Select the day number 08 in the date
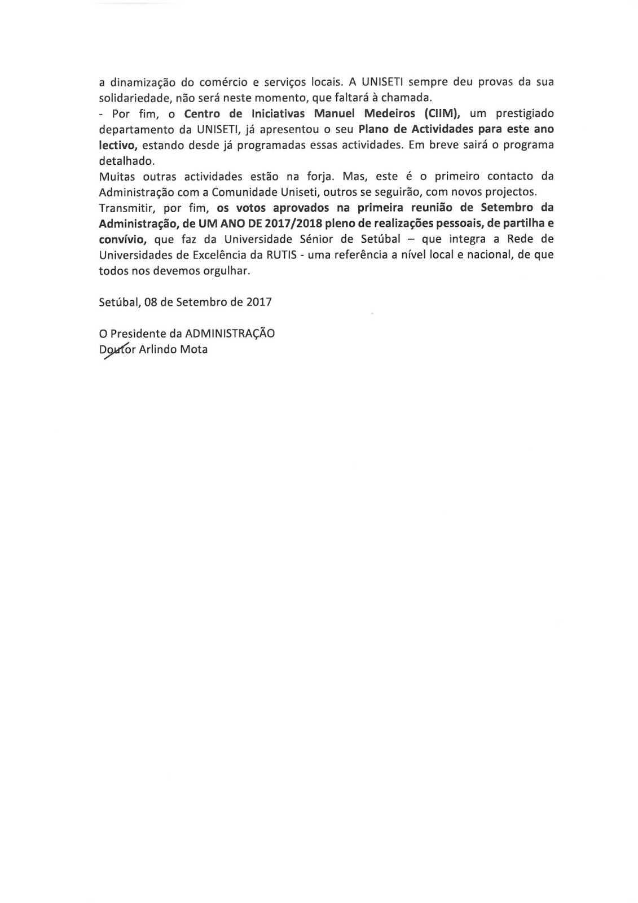click(151, 302)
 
